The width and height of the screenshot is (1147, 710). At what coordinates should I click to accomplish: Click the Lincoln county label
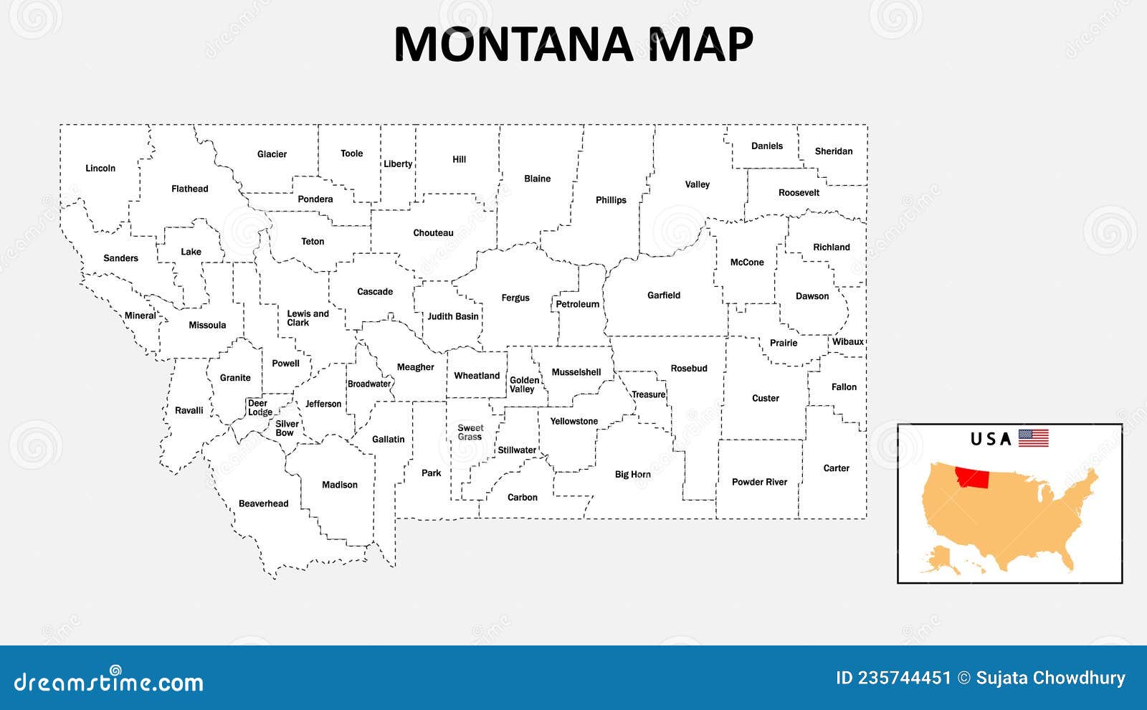tap(100, 169)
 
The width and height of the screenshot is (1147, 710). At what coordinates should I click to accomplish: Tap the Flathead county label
tap(190, 189)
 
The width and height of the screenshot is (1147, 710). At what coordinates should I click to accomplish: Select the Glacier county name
tap(272, 154)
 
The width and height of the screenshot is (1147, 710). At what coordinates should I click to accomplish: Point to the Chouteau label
tap(433, 233)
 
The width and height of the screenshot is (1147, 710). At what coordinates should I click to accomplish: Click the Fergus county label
tap(515, 298)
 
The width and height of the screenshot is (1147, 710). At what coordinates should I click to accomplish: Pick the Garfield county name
tap(664, 295)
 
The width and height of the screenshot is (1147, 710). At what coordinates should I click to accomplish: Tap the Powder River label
tap(759, 482)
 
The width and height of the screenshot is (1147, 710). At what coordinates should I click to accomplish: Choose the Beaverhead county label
tap(264, 503)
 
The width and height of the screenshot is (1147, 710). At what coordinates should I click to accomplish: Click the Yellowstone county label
tap(573, 422)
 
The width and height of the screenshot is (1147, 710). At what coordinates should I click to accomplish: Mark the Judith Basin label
tap(453, 316)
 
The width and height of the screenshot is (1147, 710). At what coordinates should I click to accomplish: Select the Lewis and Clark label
tap(308, 318)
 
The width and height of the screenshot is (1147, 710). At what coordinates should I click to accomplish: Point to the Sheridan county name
tap(834, 151)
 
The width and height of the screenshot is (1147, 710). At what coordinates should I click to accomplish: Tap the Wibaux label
tap(848, 342)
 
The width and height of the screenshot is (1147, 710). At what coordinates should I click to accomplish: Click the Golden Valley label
tap(524, 385)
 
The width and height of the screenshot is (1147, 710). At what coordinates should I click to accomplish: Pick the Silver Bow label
tap(287, 428)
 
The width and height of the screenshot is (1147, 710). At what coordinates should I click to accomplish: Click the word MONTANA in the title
tap(513, 44)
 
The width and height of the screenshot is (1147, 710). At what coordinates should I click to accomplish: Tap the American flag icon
tap(1033, 437)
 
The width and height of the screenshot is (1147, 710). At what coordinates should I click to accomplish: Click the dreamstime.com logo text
tap(109, 681)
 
